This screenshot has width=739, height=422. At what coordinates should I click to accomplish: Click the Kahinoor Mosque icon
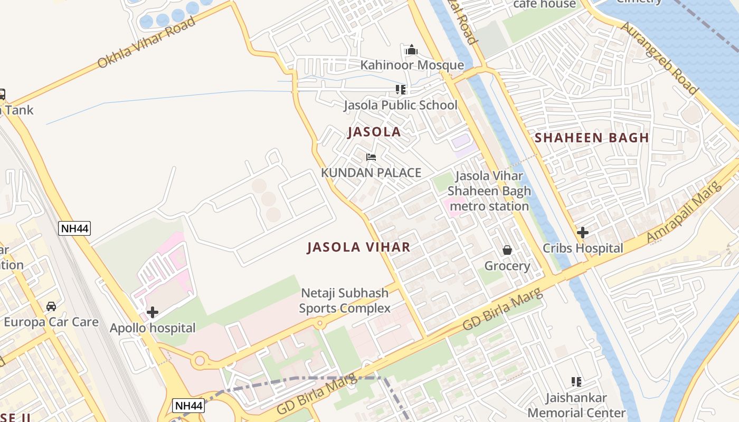pos(412,51)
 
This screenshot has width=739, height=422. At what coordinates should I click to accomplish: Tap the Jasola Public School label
pos(401,105)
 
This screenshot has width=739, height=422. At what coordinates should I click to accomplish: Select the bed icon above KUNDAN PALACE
pos(371,157)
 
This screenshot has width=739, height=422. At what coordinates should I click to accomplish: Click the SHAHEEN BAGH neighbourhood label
pos(592,138)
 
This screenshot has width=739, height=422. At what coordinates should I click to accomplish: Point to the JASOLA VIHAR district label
pos(358,247)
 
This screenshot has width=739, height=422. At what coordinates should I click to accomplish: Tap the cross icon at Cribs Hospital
pos(583,233)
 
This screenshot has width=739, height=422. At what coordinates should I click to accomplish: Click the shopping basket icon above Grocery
pos(507,250)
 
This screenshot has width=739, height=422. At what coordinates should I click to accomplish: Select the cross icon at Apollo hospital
pos(153,312)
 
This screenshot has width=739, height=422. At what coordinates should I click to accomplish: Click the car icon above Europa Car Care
pos(51,306)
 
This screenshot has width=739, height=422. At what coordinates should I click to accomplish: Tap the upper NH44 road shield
pos(74,228)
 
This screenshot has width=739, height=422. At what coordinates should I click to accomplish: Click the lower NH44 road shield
pos(188,406)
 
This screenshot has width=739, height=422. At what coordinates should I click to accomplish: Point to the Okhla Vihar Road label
pos(146,43)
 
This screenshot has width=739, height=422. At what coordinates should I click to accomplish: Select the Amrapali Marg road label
pos(684,212)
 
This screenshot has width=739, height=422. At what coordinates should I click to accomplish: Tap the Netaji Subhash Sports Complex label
pos(345,301)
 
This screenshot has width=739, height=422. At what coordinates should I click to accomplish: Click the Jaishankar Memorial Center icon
pos(576,381)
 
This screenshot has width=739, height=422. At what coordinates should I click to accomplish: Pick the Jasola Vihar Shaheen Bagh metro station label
pos(489,191)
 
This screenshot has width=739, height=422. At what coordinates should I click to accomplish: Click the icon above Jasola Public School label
pos(401,90)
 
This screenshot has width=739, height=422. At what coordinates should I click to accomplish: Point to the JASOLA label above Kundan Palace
pos(374,132)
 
